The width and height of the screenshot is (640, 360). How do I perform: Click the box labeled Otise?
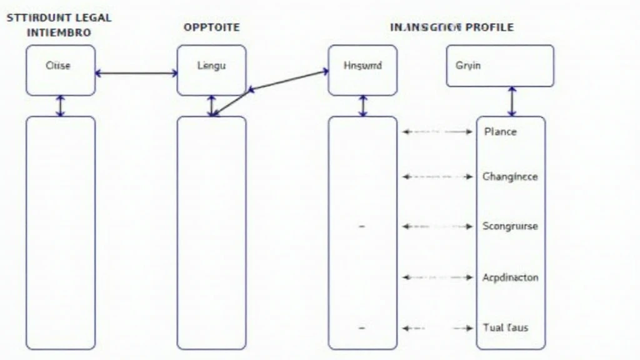point(61,70)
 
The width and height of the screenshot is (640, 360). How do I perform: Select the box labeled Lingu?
point(211,70)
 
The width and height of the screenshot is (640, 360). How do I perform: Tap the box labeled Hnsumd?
point(362,70)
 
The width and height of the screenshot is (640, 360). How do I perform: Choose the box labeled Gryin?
point(500,66)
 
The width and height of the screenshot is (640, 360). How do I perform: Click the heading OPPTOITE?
point(211,27)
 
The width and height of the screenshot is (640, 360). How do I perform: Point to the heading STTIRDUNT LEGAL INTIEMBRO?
point(59,25)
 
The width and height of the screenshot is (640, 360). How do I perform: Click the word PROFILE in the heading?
point(489,27)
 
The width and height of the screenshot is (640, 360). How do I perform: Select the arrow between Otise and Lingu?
point(136,73)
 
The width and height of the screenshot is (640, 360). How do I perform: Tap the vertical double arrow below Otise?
point(61,106)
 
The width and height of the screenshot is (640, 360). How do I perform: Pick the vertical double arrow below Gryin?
point(512,101)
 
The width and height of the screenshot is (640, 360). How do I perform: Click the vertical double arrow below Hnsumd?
point(363,106)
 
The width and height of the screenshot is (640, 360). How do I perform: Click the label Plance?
point(500,132)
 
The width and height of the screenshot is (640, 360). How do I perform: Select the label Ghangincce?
point(510,177)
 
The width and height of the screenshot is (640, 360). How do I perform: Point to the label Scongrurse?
point(510,226)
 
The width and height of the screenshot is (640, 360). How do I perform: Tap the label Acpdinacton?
point(510,277)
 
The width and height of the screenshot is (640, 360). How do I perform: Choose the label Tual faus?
point(506,327)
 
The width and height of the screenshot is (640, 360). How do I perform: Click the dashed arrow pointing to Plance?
point(437,132)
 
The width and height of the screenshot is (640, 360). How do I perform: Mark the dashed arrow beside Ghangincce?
point(437,177)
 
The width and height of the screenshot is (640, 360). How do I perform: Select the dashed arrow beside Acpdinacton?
point(437,277)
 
